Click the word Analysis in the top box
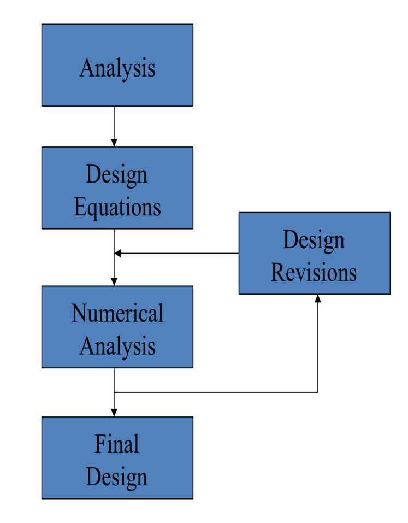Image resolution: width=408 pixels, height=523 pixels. coord(117,69)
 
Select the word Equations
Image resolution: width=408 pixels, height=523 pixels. coord(117,208)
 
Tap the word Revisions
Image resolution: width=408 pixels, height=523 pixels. coord(314,272)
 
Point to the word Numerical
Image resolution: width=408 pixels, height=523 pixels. coord(117,313)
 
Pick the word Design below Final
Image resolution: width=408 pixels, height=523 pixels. coord(117,477)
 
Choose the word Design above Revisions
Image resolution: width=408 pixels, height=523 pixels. coord(314,240)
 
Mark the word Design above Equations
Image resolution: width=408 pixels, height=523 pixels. coord(117,175)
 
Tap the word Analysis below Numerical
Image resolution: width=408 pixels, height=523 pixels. coord(117,346)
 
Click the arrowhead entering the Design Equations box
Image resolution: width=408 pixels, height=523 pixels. coord(114,143)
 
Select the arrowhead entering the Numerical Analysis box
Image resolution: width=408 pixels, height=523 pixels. coord(114,281)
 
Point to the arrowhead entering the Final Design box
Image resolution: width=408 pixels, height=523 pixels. coord(114,413)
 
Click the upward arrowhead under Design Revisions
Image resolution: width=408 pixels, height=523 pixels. coord(317,298)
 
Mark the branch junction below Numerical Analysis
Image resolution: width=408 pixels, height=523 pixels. coord(114,392)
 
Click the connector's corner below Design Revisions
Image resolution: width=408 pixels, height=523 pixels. coord(317,392)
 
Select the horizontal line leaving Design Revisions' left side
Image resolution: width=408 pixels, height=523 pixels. coord(180,253)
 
